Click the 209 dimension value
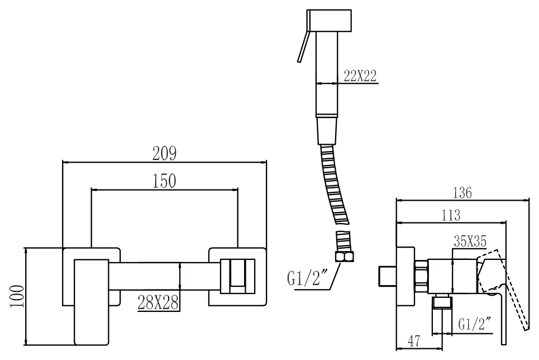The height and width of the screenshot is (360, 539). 164,153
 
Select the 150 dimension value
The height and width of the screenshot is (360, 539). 164,181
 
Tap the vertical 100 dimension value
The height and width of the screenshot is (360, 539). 17,296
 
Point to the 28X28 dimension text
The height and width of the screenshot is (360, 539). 158,302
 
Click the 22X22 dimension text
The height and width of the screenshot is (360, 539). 360,75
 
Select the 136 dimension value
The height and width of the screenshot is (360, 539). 462,193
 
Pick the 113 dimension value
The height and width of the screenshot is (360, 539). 451,215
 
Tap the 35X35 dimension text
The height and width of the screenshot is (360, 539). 470,241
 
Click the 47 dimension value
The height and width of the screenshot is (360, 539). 414,341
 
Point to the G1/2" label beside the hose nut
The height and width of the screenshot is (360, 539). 307,278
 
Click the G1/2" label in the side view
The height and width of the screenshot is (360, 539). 475,324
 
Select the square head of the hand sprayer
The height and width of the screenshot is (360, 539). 330,21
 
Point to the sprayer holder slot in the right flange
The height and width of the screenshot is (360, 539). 237,276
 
